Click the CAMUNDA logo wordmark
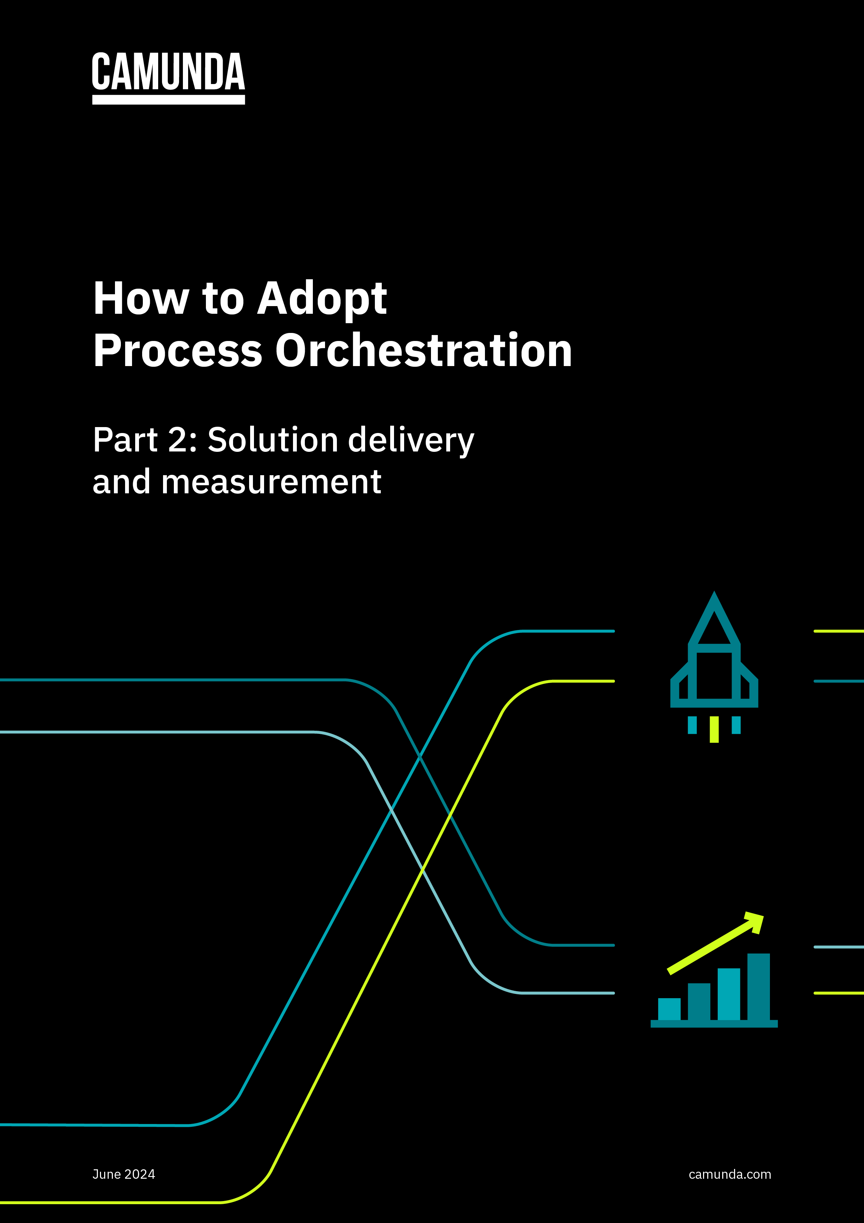tap(168, 72)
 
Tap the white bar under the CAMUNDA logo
tap(168, 100)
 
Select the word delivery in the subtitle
tap(410, 441)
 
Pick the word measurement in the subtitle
tap(271, 482)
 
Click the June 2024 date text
tap(124, 1174)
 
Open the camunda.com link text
tap(729, 1174)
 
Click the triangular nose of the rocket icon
tap(714, 621)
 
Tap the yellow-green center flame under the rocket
tap(714, 729)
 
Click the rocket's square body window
tap(714, 675)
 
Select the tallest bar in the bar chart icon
tap(758, 987)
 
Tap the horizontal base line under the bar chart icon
tap(714, 1023)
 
